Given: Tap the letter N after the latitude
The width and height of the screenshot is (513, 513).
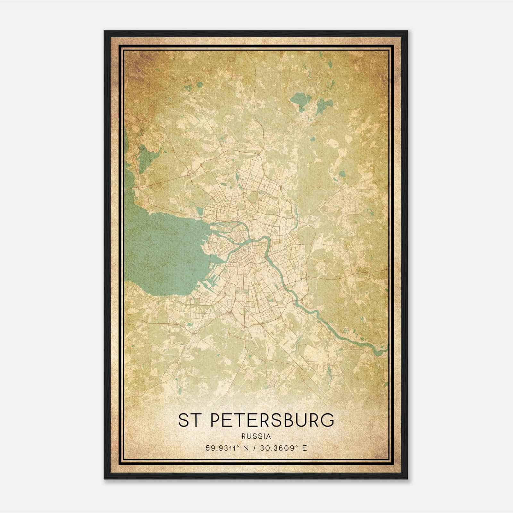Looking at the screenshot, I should pos(246,448).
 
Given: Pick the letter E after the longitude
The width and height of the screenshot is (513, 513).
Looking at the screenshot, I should pos(304,448).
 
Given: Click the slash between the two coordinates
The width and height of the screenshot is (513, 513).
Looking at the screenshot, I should pos(255,448).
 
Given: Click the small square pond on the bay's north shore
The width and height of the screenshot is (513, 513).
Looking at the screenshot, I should pos(200,211).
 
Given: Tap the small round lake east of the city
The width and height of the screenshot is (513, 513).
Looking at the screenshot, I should pos(342,174).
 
